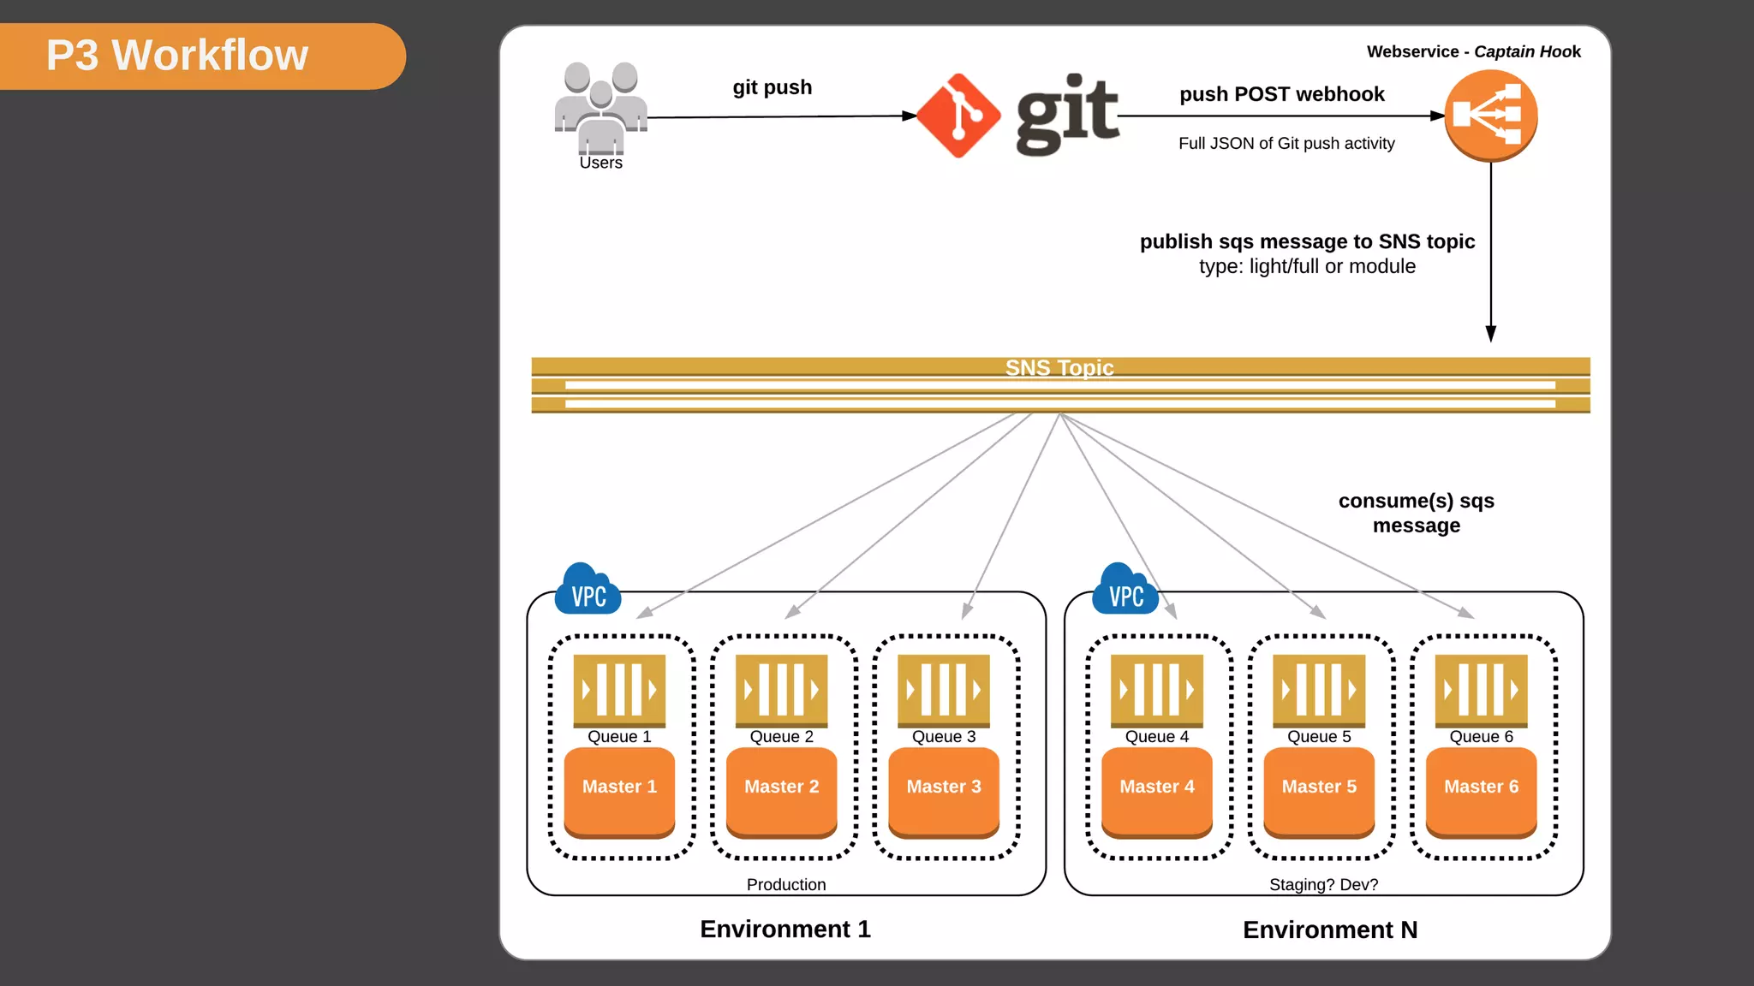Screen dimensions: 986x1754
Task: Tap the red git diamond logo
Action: coord(958,116)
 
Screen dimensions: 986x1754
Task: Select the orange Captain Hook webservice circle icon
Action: coord(1490,115)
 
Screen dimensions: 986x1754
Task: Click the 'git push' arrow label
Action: coord(772,87)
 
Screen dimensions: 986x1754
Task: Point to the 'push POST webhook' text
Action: coord(1281,94)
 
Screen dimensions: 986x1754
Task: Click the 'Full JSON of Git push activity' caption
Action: coord(1286,144)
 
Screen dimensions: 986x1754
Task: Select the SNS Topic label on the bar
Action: coord(1059,368)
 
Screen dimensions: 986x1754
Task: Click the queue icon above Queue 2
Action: coord(781,690)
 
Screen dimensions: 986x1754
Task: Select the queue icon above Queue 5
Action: coord(1319,690)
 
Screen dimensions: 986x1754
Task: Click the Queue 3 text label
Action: coord(944,737)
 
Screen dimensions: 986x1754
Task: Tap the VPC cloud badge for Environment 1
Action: coord(588,591)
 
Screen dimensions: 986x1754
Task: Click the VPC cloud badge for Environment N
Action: coord(1125,591)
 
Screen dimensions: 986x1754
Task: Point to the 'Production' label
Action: coord(786,885)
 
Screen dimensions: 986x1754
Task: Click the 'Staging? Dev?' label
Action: coord(1323,885)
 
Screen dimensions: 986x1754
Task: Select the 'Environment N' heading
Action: coord(1330,930)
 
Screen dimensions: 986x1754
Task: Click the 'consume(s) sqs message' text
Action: coord(1416,514)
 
